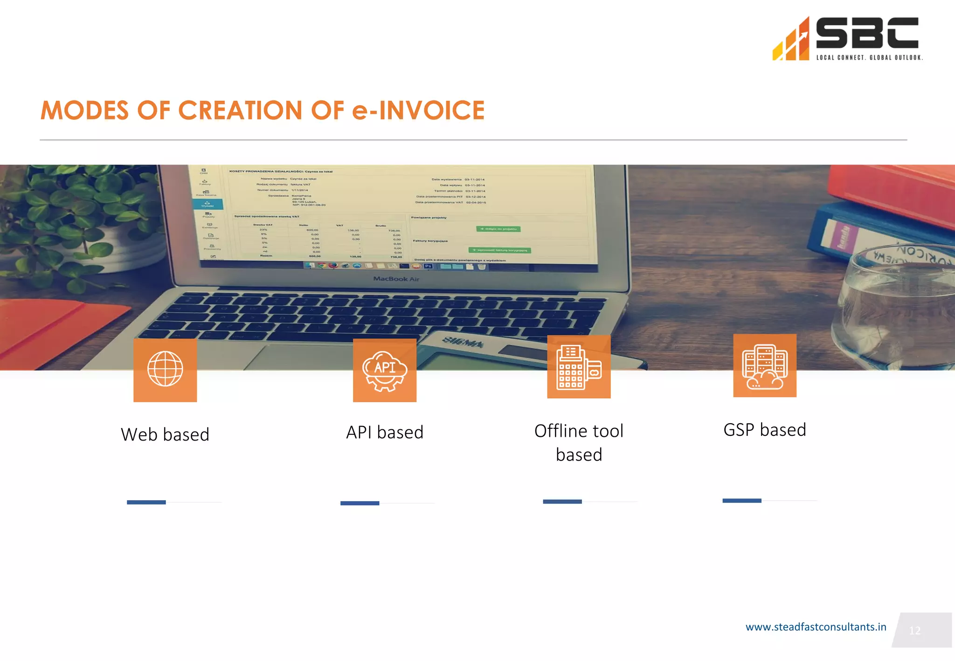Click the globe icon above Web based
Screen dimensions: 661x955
tap(165, 369)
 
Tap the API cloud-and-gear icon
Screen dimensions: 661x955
tap(385, 370)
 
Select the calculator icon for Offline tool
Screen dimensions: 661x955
tap(579, 367)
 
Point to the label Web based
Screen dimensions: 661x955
tap(165, 434)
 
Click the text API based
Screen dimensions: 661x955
tap(385, 433)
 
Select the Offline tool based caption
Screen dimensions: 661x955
tap(579, 442)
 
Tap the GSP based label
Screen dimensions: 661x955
tap(765, 430)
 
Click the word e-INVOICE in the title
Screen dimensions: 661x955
tap(418, 110)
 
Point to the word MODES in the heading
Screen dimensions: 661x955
tap(84, 110)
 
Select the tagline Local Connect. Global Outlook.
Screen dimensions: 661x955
tap(869, 58)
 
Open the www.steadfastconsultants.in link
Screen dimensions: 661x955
tap(816, 627)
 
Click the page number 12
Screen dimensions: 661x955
tap(915, 631)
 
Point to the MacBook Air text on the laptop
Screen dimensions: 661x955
tap(396, 279)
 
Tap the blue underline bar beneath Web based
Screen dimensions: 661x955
tap(146, 502)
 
